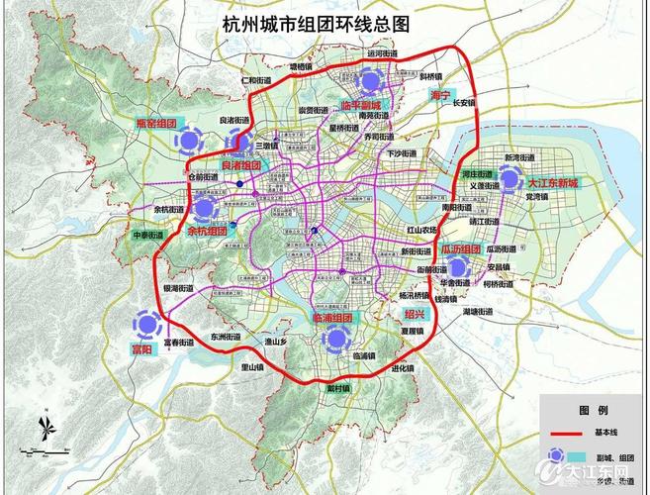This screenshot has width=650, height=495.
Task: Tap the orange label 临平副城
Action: tap(359, 104)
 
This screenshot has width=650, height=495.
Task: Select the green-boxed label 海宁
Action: tap(439, 96)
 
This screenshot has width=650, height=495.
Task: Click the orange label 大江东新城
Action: tap(552, 184)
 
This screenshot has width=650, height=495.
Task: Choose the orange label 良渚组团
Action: tap(240, 165)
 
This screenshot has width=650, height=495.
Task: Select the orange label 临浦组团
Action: tap(331, 319)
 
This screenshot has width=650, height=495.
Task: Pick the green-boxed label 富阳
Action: tap(144, 349)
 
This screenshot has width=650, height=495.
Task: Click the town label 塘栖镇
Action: tap(300, 66)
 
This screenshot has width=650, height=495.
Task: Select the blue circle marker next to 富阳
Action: tap(147, 324)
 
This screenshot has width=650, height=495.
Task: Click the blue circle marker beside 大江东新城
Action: tap(510, 178)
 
